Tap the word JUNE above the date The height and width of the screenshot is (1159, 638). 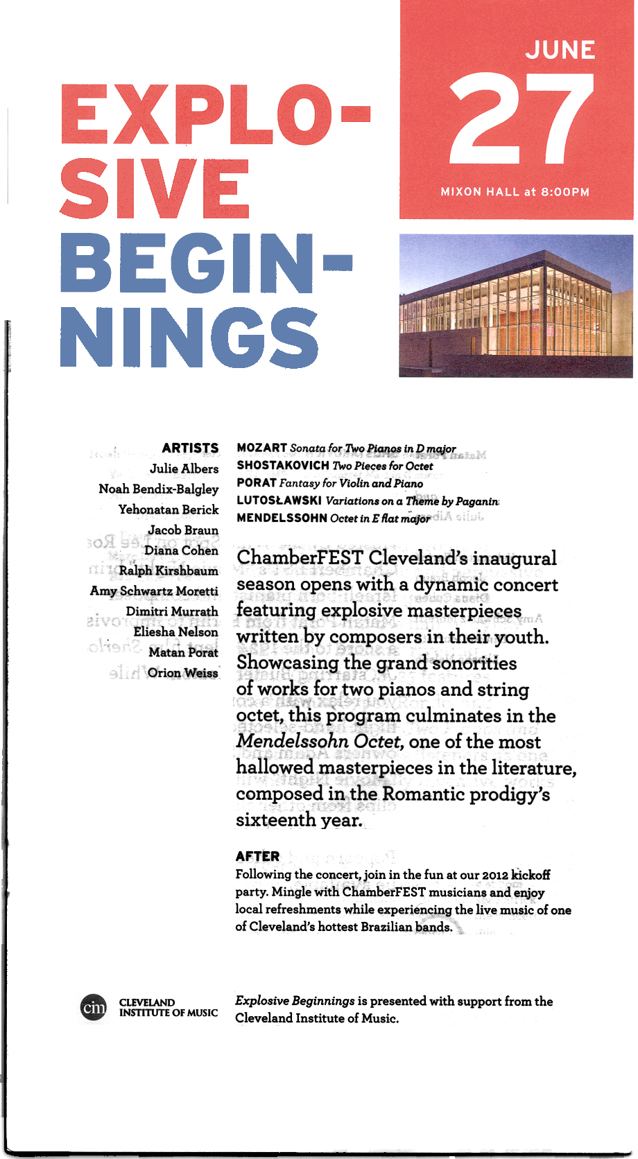pos(560,50)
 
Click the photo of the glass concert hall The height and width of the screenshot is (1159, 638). pos(515,306)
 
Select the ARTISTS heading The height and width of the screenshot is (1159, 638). pos(190,448)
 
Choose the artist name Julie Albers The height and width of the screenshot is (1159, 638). pos(184,469)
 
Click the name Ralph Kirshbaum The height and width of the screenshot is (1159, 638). pos(169,571)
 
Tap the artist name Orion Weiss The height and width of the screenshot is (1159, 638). pos(182,673)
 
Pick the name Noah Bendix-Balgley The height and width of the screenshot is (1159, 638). pos(159,489)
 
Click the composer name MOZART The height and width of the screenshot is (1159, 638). pos(261,448)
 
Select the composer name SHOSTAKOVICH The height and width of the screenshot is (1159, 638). pos(283,466)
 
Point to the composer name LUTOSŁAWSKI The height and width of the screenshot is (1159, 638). pos(279,500)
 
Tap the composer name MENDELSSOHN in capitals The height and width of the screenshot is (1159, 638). pos(282,518)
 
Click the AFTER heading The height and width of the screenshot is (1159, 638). pos(257,856)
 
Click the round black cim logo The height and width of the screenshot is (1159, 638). pos(94,1007)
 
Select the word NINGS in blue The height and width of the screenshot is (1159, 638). pos(189,338)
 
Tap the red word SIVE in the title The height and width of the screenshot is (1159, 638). pos(155,189)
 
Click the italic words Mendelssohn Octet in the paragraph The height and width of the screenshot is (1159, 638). pos(319,742)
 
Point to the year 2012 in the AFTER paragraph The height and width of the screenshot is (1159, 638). pos(494,875)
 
